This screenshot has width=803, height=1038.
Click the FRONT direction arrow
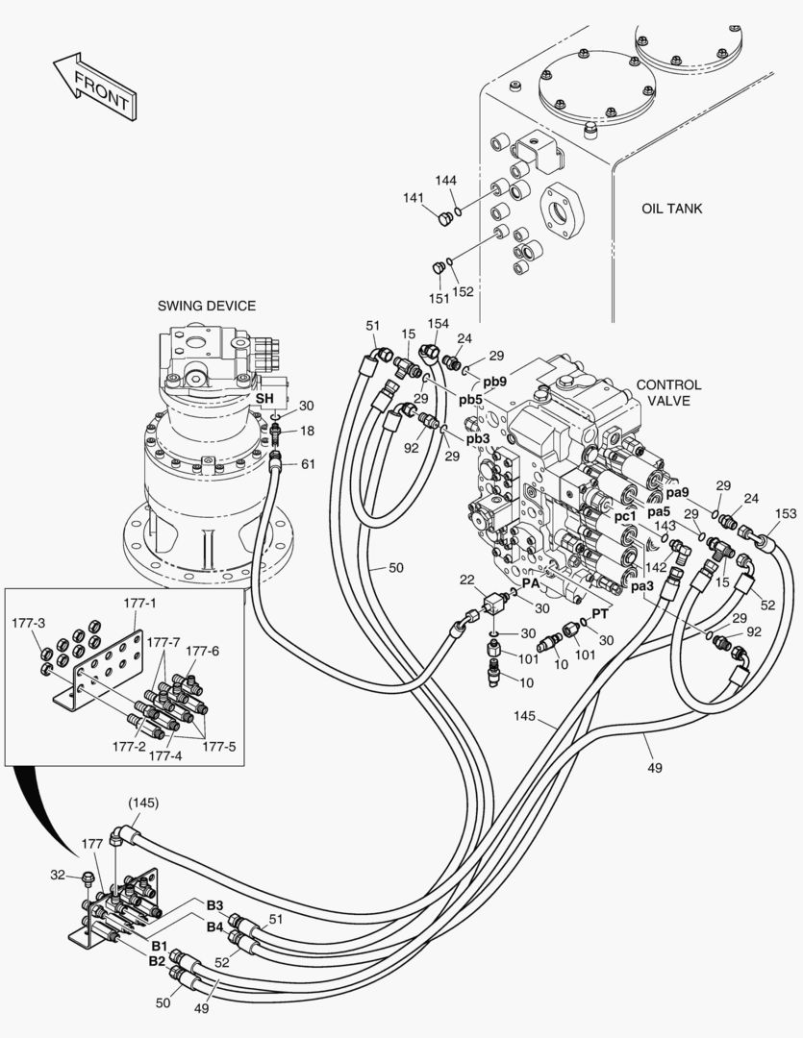[x=95, y=87]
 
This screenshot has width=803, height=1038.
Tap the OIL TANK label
[x=671, y=208]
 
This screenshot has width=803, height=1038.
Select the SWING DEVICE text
[x=207, y=306]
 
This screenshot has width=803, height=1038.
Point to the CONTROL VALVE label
[x=668, y=392]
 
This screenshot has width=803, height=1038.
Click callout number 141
[x=414, y=198]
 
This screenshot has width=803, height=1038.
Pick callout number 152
[x=463, y=292]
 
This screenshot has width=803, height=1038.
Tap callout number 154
[x=439, y=324]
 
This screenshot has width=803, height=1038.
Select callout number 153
[x=785, y=513]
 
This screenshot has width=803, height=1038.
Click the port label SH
[x=264, y=397]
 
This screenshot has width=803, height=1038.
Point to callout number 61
[x=308, y=464]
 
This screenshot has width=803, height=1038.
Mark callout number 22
[x=466, y=579]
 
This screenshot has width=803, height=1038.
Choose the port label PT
[x=600, y=613]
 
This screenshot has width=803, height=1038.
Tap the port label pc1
[x=625, y=516]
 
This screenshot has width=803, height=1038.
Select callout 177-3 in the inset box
[x=28, y=623]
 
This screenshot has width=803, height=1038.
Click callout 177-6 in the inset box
[x=202, y=651]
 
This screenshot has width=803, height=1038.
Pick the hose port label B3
[x=213, y=905]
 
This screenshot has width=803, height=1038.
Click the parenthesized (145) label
[x=143, y=803]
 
